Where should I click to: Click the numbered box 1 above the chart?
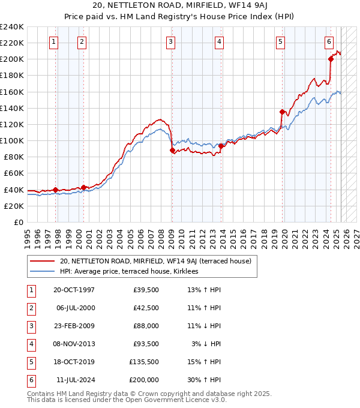pyautogui.click(x=54, y=41)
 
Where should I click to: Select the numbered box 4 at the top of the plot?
pyautogui.click(x=220, y=41)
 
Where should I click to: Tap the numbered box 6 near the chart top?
pyautogui.click(x=329, y=41)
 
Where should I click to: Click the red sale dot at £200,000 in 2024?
pyautogui.click(x=331, y=59)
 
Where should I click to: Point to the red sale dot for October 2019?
pyautogui.click(x=282, y=112)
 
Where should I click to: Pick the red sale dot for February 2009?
pyautogui.click(x=172, y=150)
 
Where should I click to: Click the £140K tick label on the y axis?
pyautogui.click(x=12, y=108)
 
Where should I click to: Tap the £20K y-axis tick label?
pyautogui.click(x=14, y=206)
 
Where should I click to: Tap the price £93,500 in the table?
pyautogui.click(x=144, y=344)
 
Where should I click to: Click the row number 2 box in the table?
pyautogui.click(x=29, y=308)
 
